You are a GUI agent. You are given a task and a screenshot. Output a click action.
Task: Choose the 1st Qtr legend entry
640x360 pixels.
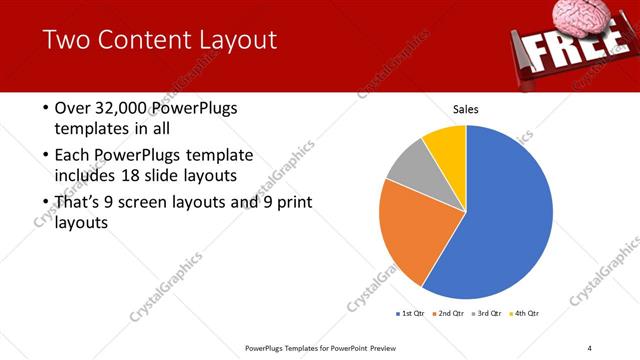pos(410,314)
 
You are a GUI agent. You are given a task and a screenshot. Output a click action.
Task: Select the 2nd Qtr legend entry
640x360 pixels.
pos(450,314)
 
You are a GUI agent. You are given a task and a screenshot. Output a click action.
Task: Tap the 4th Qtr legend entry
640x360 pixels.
pos(526,314)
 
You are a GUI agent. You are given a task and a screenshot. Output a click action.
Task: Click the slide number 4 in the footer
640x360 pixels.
pos(590,348)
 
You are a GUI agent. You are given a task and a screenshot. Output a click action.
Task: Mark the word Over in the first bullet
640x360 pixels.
pos(73,108)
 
